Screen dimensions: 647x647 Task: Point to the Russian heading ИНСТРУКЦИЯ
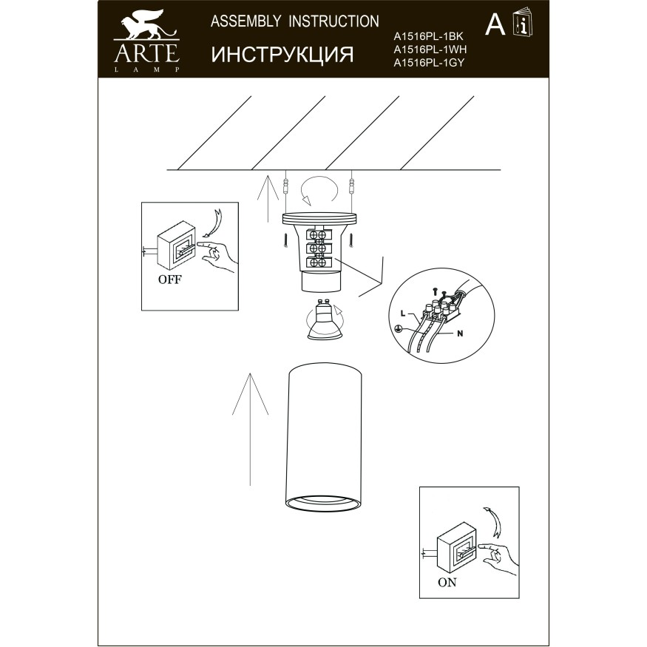coord(282,54)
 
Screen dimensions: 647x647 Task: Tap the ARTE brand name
coord(146,52)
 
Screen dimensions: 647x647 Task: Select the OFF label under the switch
coord(169,280)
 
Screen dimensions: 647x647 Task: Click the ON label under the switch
coord(447,582)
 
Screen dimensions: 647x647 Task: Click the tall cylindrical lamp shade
coord(323,436)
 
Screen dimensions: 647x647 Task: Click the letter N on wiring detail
coord(459,333)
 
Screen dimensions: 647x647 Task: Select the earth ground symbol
coord(398,328)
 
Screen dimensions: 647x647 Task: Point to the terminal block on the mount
coord(319,248)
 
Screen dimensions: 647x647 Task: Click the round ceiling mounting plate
coord(319,217)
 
